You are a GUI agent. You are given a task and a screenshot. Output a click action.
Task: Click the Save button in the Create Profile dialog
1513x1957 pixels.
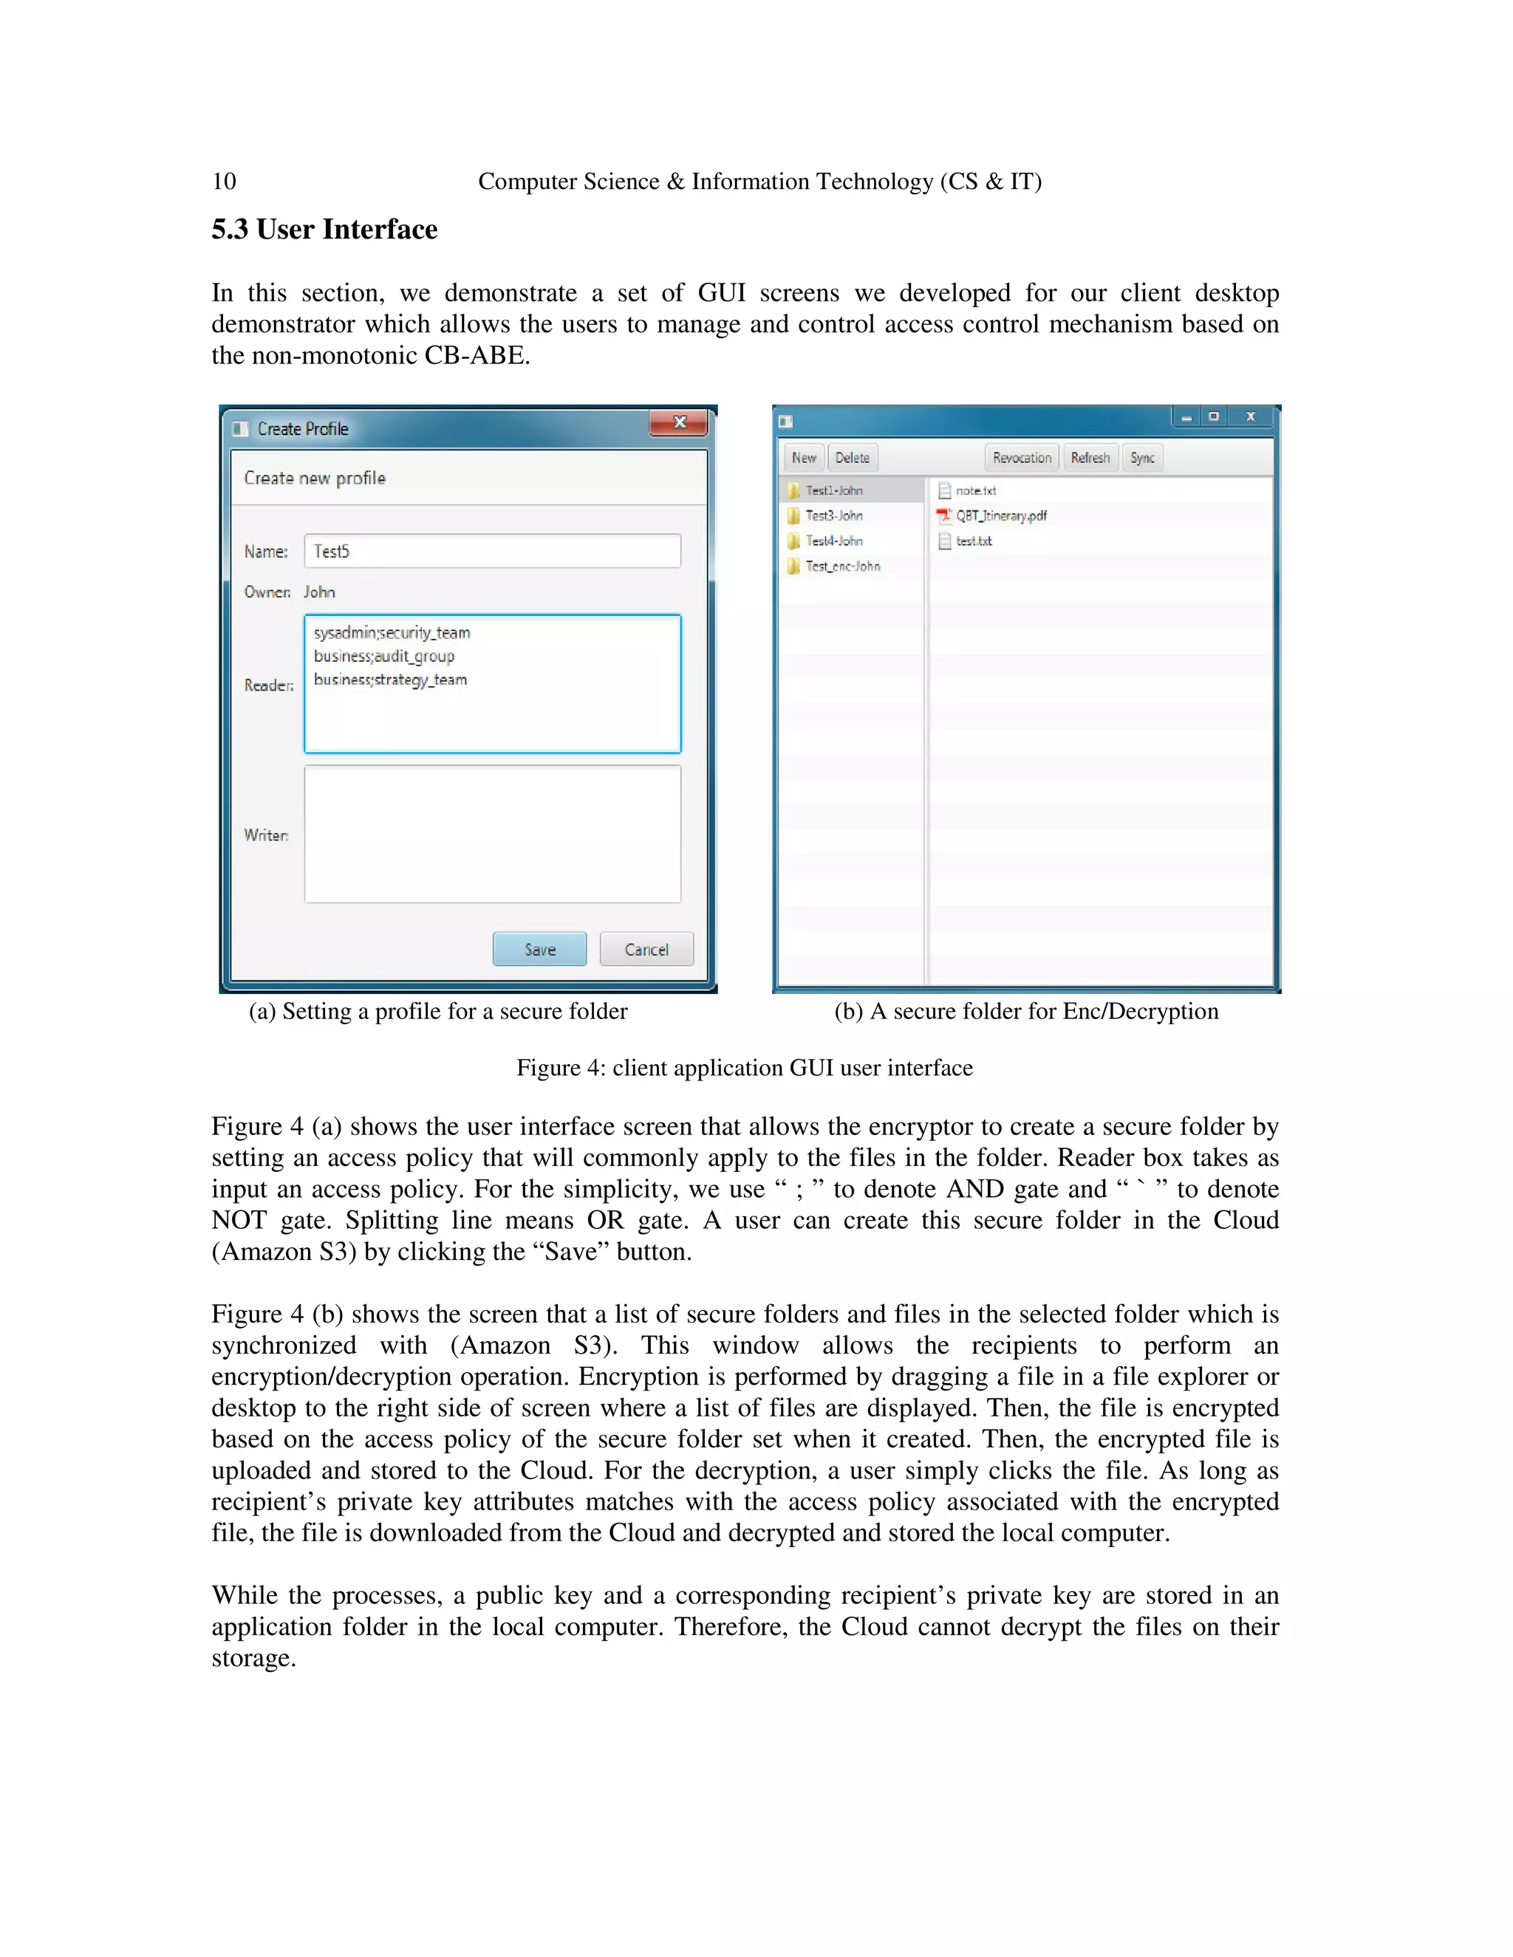tap(539, 949)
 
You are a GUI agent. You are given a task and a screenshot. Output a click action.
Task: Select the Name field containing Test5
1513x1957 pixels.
tap(492, 551)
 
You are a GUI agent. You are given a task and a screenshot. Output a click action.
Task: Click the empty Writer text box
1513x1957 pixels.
tap(492, 834)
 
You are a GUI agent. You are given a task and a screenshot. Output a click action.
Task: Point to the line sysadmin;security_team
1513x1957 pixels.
tap(392, 633)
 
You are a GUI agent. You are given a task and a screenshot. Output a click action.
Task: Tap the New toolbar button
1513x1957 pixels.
tap(803, 458)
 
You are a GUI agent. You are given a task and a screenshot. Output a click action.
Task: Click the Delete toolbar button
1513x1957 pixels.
tap(853, 458)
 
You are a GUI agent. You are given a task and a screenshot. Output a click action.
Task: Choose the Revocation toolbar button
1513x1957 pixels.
tap(1022, 458)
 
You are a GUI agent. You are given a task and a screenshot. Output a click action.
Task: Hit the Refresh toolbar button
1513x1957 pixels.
tap(1090, 458)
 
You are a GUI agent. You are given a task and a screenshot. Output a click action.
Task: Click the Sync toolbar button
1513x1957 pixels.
tap(1142, 458)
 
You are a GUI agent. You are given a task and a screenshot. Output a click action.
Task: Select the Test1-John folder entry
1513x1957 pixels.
tap(833, 491)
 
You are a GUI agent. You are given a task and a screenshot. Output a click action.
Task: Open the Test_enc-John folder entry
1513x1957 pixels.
tap(841, 566)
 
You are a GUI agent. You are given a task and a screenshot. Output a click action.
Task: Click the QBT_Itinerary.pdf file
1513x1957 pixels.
tap(1000, 516)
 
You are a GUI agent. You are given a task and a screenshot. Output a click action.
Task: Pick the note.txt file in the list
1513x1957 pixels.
tap(975, 491)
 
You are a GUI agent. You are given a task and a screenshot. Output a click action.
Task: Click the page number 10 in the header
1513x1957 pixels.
tap(224, 182)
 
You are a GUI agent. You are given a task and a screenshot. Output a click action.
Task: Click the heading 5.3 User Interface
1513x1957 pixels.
tap(324, 230)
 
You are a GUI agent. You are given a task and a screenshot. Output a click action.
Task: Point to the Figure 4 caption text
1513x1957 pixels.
tap(744, 1068)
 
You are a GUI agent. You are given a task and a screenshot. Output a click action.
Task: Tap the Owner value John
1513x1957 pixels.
tap(319, 592)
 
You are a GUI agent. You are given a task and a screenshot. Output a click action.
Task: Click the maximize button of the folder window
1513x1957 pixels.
tap(1214, 417)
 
